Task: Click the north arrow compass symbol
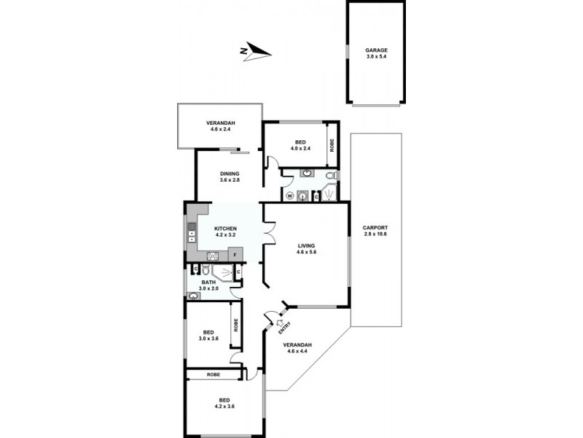click(x=256, y=51)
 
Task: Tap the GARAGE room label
click(x=377, y=50)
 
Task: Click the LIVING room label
click(x=305, y=245)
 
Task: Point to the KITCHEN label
click(x=225, y=229)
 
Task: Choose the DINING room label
click(x=230, y=174)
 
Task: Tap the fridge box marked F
click(x=235, y=255)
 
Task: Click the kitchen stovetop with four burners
click(x=214, y=255)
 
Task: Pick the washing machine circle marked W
click(x=289, y=196)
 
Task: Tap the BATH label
click(x=208, y=283)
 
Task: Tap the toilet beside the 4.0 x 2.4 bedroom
click(x=331, y=176)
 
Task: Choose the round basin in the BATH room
click(x=193, y=296)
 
